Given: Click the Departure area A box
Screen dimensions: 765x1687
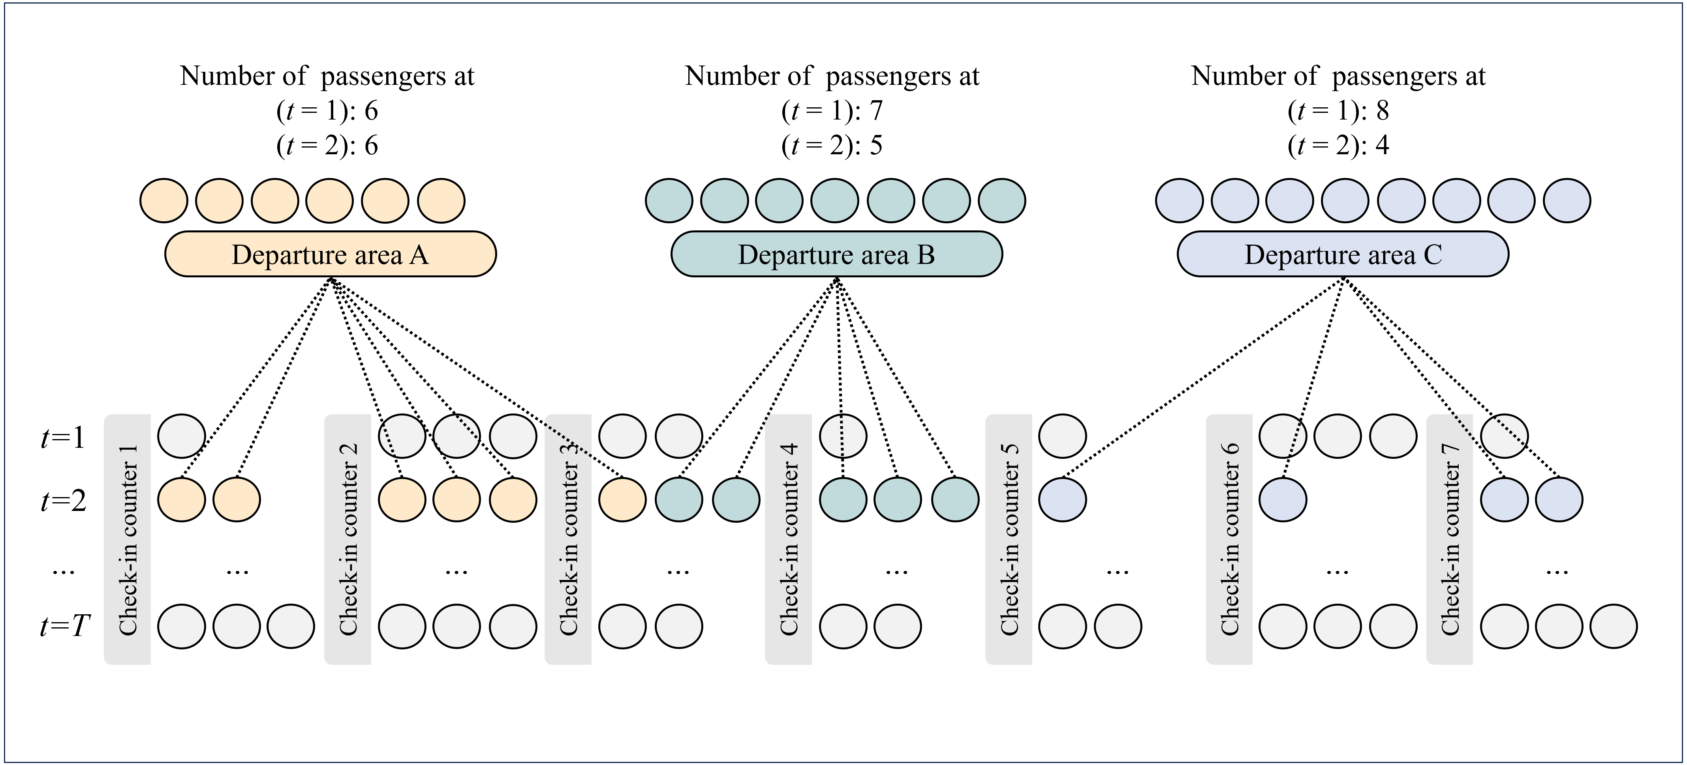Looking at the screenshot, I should (330, 254).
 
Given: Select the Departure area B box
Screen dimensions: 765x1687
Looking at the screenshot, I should (836, 254).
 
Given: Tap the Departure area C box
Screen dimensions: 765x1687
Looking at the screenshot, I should (1343, 254).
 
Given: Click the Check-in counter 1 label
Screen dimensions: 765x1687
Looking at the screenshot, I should (128, 540).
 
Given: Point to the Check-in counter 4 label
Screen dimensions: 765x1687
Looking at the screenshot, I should (789, 540).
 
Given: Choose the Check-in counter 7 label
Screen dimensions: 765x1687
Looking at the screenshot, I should (1450, 540).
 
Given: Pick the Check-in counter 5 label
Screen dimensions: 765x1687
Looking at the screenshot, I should (1009, 540).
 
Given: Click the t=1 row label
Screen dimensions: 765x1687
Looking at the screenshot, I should (64, 437).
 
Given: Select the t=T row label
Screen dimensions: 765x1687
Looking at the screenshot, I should (64, 626).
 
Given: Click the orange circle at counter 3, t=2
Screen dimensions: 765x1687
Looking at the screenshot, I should (622, 500).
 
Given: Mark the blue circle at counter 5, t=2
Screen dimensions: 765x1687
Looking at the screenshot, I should (1062, 500).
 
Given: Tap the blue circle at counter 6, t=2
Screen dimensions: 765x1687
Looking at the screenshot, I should (1282, 500).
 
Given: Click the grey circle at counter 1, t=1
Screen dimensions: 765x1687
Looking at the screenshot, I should (181, 436).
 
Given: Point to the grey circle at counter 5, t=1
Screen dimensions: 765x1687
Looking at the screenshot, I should (1062, 436).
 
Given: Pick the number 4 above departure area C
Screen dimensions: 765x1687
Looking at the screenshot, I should (1383, 145).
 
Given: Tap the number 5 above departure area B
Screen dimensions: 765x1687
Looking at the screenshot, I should (876, 145).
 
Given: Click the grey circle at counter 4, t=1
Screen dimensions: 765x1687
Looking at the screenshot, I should (843, 436).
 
